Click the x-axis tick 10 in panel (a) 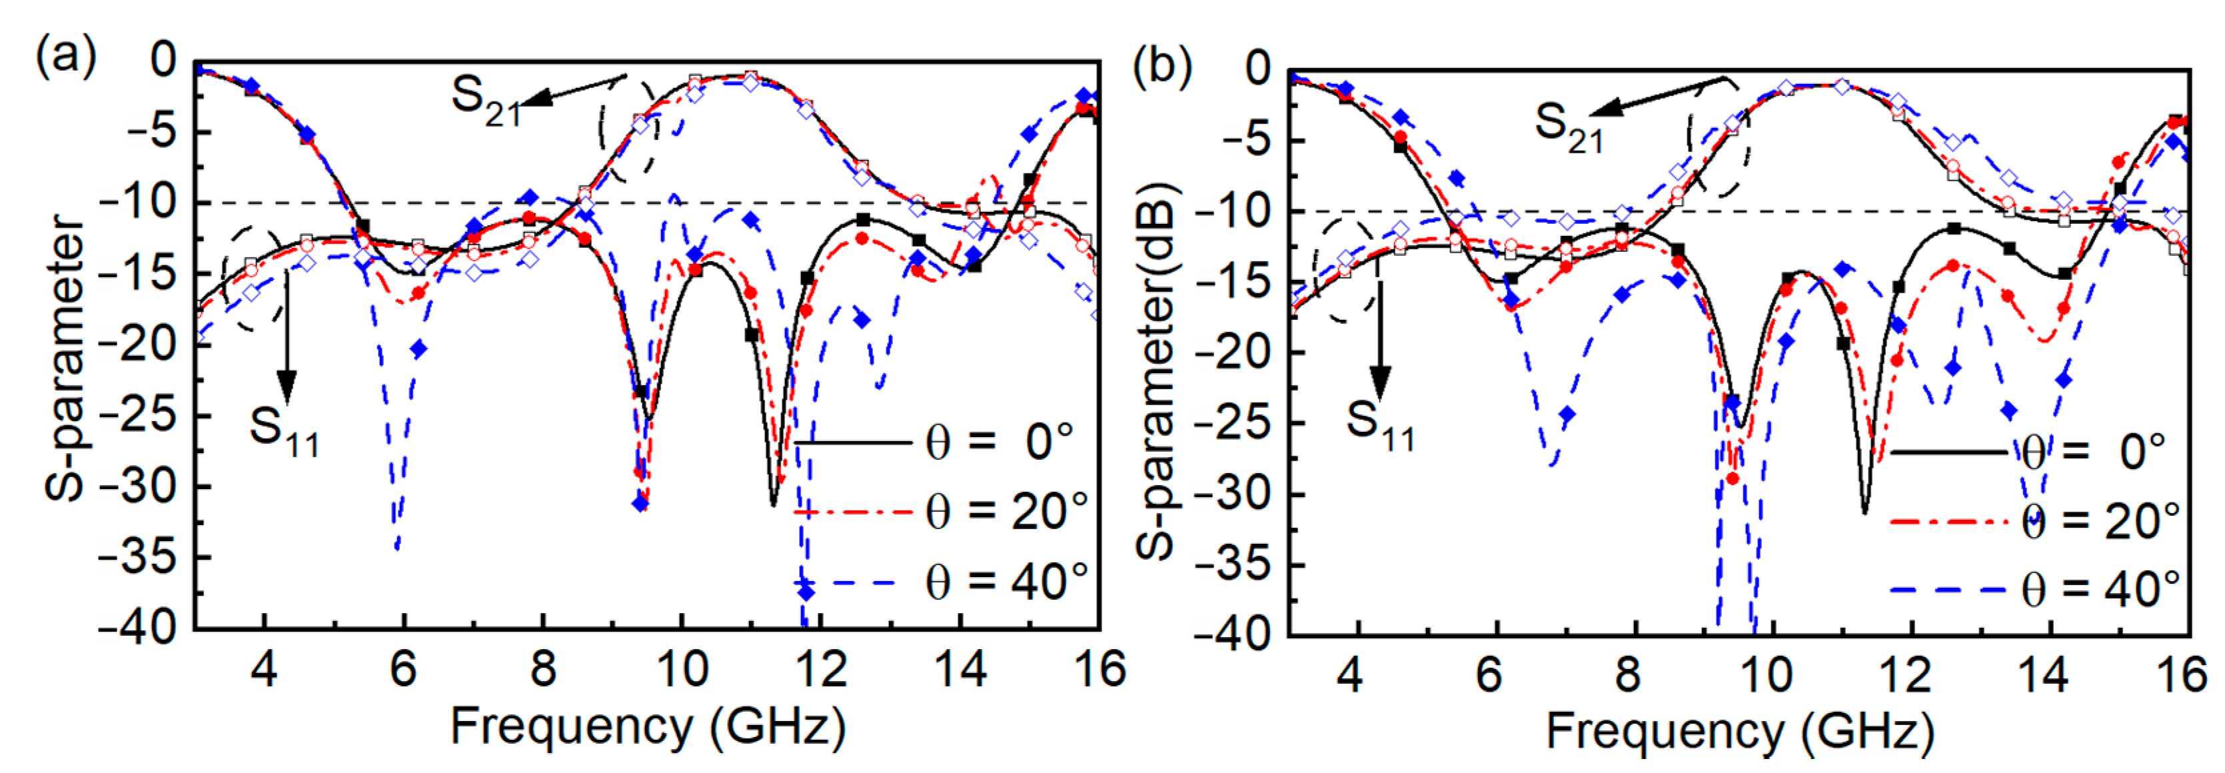click(682, 669)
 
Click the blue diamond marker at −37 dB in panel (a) click(806, 592)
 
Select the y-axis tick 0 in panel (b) click(1257, 69)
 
